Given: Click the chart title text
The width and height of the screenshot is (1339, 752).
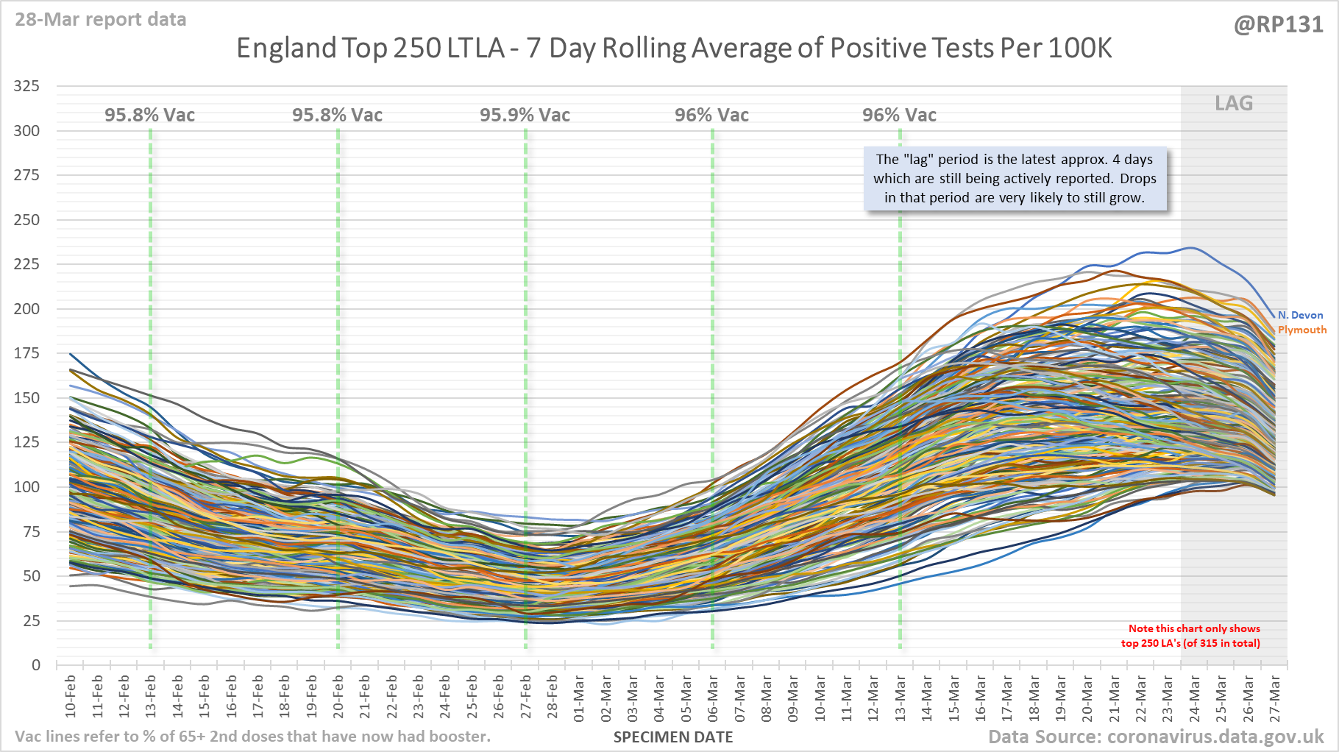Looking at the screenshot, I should coord(673,49).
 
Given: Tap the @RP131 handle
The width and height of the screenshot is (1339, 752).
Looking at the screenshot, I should coord(1278,24).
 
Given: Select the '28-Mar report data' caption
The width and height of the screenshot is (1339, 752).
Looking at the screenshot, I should coord(101,19).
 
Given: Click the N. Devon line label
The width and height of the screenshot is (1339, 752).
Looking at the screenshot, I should coord(1300,315).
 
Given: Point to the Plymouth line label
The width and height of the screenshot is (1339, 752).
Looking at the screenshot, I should coord(1302,330).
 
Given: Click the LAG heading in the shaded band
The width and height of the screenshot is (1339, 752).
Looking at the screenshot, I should coord(1234,103).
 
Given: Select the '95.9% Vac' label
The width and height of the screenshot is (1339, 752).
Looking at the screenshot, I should coord(525,115).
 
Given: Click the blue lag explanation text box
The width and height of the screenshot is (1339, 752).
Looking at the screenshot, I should coord(1015,179).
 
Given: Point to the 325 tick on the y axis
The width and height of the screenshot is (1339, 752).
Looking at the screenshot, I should coord(26,86).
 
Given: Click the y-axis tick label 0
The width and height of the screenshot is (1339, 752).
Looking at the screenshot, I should coord(35,665).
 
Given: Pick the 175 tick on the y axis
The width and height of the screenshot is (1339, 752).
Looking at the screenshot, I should coord(26,353).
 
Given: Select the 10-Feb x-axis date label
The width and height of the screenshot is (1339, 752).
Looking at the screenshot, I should coord(71,696).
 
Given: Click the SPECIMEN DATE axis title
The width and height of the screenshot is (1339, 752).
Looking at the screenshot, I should coord(673,737).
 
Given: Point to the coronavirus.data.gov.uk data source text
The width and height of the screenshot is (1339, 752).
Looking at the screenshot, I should coord(1156,737).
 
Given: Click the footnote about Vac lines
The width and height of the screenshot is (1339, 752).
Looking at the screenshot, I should coord(252,737).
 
